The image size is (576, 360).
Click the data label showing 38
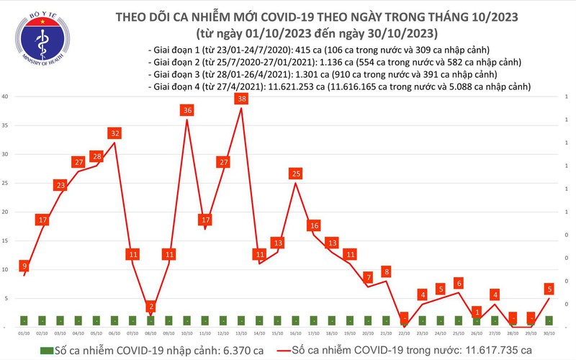coord(241,99)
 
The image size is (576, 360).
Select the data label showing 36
coord(187,110)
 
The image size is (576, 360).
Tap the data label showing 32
coord(114,133)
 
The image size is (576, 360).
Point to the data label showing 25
coord(296,174)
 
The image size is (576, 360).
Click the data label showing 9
coord(25,266)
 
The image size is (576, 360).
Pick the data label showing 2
coord(151,306)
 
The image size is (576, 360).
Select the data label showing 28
coord(96,156)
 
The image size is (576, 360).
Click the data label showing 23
coord(60,185)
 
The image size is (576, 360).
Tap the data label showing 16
coord(314,225)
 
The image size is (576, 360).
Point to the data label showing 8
coord(387,271)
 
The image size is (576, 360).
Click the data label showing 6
coord(459,283)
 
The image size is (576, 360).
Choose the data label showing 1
coord(477,312)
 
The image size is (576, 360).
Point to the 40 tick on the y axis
coord(6,96)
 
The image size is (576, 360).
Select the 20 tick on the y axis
coord(6,212)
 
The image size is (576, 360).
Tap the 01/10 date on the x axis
coord(24,333)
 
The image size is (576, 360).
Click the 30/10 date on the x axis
coord(549,333)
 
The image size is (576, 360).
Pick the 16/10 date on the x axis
coord(296,333)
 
